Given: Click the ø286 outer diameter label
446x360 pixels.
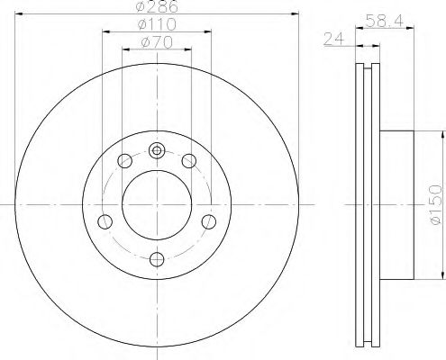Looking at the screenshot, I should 157,7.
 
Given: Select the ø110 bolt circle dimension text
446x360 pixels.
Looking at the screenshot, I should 157,24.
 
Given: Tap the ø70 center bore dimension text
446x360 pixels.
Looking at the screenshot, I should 157,41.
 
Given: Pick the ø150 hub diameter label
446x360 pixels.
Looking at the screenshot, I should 435,205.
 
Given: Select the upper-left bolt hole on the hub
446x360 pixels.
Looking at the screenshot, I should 125,161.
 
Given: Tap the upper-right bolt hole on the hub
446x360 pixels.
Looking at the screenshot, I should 188,161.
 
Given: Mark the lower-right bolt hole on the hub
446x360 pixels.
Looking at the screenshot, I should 209,221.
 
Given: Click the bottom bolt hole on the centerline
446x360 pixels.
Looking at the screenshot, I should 157,260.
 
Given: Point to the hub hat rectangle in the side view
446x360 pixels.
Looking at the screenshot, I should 397,205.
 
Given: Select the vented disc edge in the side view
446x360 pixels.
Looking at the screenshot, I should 368,205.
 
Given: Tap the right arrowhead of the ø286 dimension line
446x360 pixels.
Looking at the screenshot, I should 294,14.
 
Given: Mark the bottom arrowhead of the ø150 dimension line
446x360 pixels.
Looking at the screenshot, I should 441,276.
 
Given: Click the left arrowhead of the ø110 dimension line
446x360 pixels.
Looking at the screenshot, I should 105,31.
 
